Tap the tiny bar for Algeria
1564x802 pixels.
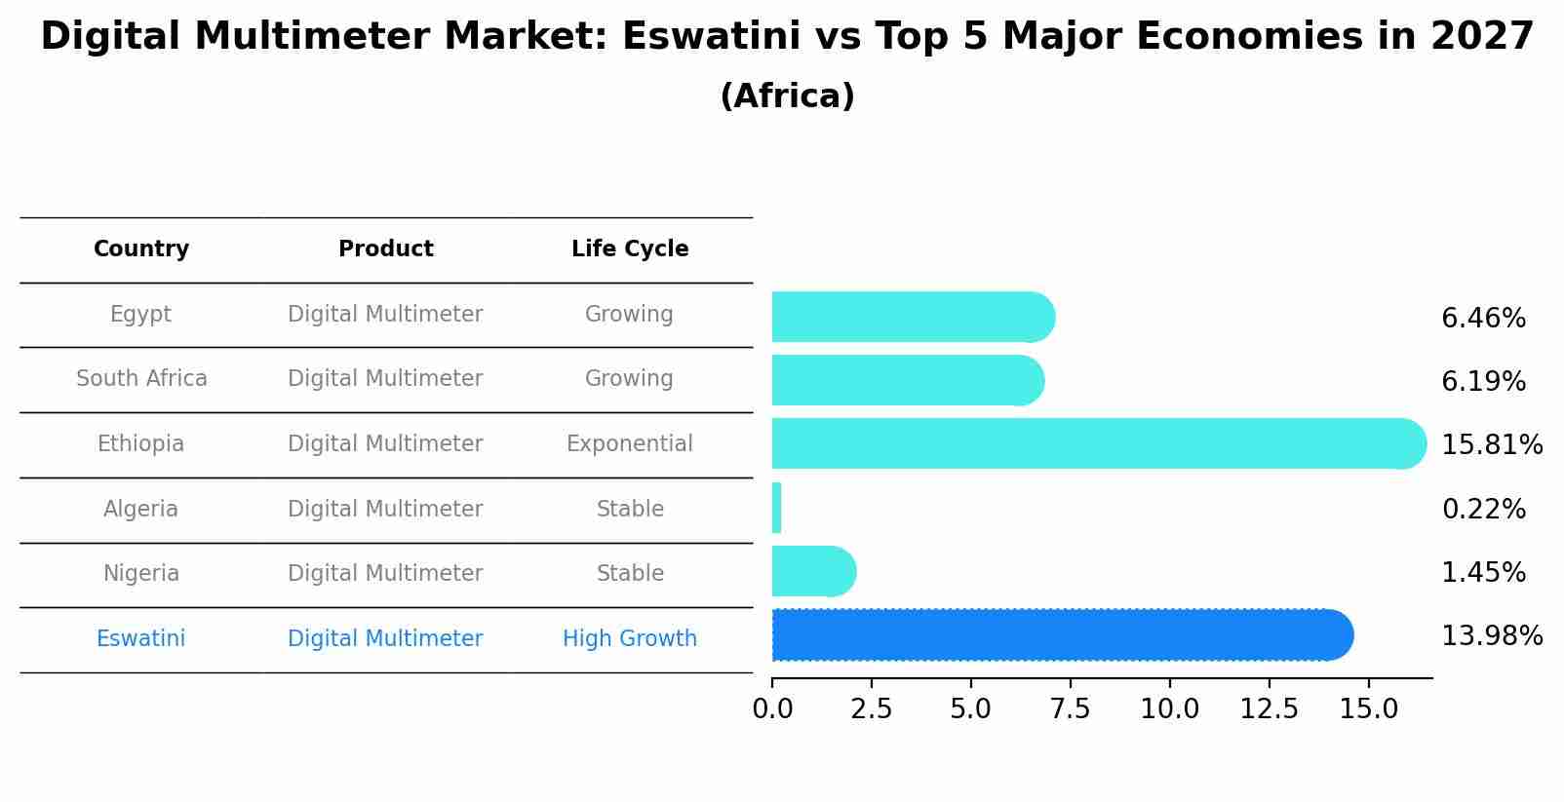coord(777,508)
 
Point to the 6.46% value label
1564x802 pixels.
coord(1482,319)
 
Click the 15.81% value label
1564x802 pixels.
coord(1491,445)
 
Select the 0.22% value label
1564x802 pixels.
coord(1482,509)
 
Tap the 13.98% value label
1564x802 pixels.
coord(1491,636)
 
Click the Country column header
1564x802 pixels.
coord(141,249)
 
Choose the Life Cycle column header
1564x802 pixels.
coord(630,249)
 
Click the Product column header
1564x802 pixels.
coord(385,249)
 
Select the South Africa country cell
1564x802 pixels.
coord(141,379)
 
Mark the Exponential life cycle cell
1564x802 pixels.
coord(630,444)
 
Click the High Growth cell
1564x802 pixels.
coord(630,639)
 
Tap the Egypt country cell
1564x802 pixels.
coord(141,315)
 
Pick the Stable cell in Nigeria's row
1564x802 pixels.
coord(630,574)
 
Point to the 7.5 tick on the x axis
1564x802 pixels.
coord(1070,709)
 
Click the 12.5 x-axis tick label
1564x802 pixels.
coord(1269,709)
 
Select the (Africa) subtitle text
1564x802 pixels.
coord(787,96)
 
